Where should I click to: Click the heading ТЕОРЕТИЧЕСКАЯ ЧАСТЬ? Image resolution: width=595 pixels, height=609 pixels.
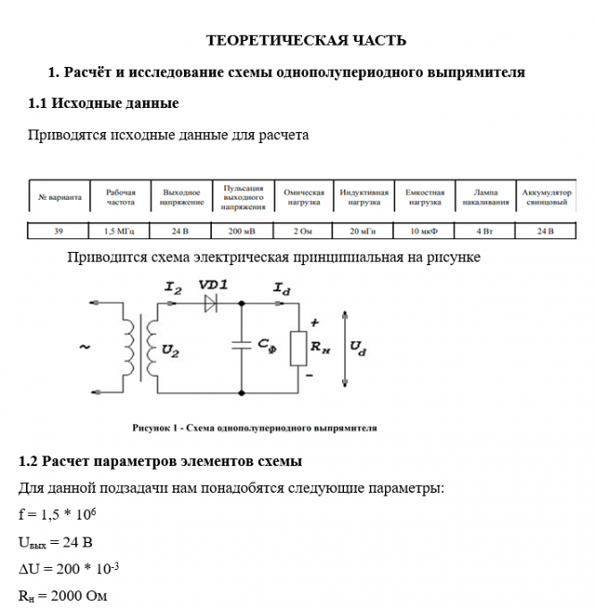306,40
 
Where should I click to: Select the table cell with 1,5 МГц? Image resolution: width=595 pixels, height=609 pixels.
121,231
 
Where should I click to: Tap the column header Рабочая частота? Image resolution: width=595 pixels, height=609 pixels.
121,196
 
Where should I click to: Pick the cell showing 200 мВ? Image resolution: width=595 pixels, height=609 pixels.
242,231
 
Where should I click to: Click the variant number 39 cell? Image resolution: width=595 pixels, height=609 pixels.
58,231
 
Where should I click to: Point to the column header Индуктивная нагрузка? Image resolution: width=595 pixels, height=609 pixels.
364,196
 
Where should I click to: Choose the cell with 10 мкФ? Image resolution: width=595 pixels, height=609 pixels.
424,231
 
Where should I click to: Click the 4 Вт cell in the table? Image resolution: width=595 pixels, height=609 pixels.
485,231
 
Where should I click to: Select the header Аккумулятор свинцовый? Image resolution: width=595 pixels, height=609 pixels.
546,196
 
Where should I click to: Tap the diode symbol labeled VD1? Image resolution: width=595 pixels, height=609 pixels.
211,303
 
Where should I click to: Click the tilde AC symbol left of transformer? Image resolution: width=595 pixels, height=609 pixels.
85,347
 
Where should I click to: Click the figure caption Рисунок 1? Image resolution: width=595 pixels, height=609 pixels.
255,428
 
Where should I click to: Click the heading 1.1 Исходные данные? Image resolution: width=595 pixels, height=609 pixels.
104,104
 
